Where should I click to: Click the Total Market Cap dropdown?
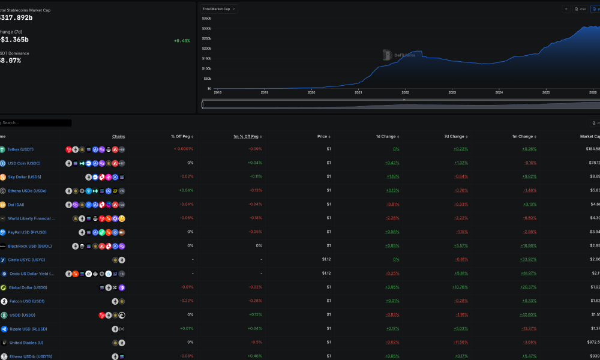[220, 9]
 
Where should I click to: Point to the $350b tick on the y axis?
[206, 19]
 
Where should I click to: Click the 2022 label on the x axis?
[405, 92]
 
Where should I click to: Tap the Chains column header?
[118, 136]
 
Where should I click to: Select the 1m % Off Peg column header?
[246, 136]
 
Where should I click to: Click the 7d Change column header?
[454, 136]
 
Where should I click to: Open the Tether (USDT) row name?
[22, 149]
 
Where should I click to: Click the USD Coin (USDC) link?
[24, 163]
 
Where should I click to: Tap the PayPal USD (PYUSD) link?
[26, 232]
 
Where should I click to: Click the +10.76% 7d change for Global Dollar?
[460, 287]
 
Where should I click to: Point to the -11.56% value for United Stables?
[460, 343]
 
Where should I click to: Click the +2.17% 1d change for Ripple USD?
[393, 329]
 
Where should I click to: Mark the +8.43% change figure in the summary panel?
[182, 41]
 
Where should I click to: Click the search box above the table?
[36, 123]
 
